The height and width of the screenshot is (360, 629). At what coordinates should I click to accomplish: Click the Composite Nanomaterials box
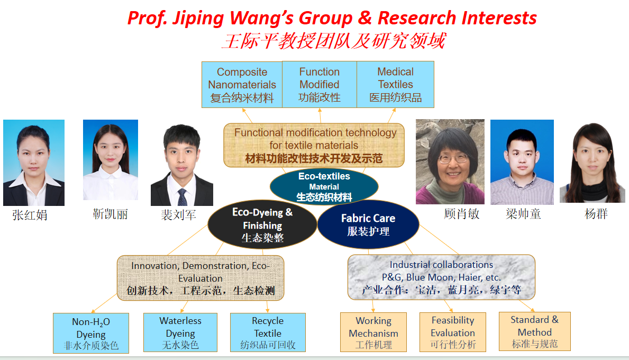(x=242, y=84)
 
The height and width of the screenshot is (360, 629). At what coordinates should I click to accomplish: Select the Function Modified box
(x=320, y=84)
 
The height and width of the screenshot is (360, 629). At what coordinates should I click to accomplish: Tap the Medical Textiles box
(x=395, y=84)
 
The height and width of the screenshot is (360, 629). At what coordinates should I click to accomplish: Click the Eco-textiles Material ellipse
(x=324, y=187)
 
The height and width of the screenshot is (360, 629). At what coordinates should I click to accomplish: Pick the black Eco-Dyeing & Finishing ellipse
(x=262, y=224)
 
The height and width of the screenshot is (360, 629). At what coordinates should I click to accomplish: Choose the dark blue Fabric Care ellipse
(x=368, y=224)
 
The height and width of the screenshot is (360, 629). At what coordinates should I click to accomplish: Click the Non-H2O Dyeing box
(x=91, y=333)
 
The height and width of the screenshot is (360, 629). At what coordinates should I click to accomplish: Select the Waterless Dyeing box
(x=180, y=332)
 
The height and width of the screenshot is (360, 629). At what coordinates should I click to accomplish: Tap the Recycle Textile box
(x=268, y=332)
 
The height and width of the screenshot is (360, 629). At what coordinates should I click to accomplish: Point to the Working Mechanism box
(x=373, y=332)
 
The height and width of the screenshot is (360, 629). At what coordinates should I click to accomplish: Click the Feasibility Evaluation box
(x=452, y=332)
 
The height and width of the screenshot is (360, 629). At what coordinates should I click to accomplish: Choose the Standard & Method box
(x=535, y=331)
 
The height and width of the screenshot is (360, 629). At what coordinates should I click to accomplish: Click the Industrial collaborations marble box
(x=441, y=277)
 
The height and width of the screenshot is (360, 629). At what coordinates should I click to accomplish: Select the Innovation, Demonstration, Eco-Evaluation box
(x=200, y=278)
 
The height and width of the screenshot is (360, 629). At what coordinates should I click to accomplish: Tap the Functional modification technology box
(x=314, y=145)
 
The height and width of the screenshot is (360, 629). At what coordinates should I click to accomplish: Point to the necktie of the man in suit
(x=182, y=196)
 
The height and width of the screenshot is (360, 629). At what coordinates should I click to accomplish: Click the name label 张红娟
(x=30, y=215)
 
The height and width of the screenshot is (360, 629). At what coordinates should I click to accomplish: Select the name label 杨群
(x=596, y=214)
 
